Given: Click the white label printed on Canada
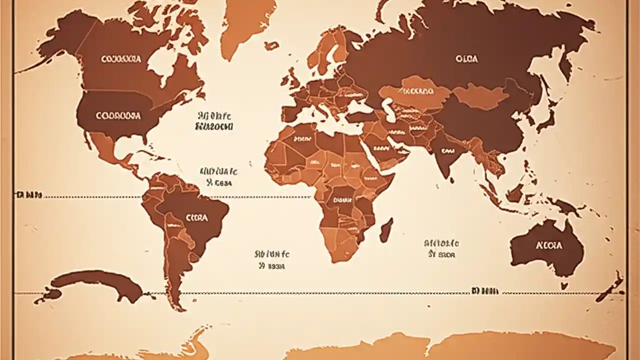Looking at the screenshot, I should tap(121, 59).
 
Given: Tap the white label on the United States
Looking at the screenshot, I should tap(118, 115).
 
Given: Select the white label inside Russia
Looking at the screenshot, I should tap(466, 59).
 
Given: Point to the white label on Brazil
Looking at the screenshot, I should tap(197, 218).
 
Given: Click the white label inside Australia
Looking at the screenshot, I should tap(548, 245).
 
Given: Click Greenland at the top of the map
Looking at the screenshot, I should tap(247, 22).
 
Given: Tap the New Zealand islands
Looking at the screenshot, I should tap(611, 288).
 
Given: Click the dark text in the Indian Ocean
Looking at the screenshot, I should tap(441, 248).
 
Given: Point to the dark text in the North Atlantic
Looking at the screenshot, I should tap(214, 120).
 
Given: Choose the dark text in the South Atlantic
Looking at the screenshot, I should tap(272, 260).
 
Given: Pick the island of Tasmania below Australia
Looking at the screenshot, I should tap(564, 286).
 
